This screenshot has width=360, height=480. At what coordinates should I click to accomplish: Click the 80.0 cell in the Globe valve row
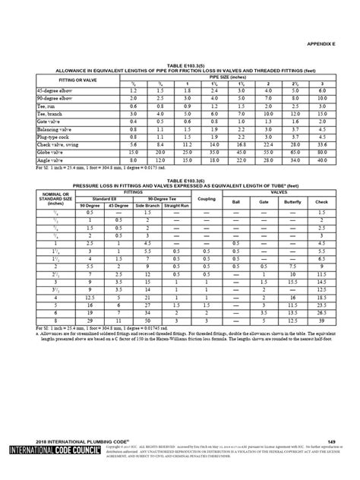point(321,152)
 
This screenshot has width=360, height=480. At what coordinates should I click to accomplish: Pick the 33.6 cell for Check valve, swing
point(321,144)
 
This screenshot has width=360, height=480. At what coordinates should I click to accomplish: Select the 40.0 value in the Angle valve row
point(321,160)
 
